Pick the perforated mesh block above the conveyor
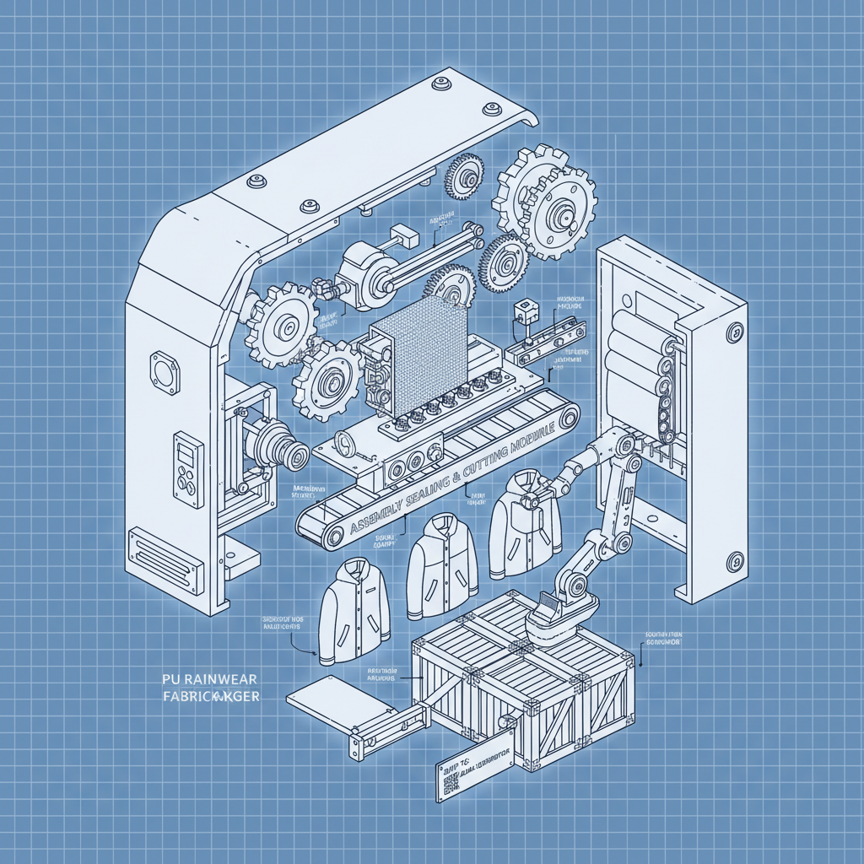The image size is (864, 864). click(417, 355)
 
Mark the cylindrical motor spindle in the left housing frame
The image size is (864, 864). click(283, 447)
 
